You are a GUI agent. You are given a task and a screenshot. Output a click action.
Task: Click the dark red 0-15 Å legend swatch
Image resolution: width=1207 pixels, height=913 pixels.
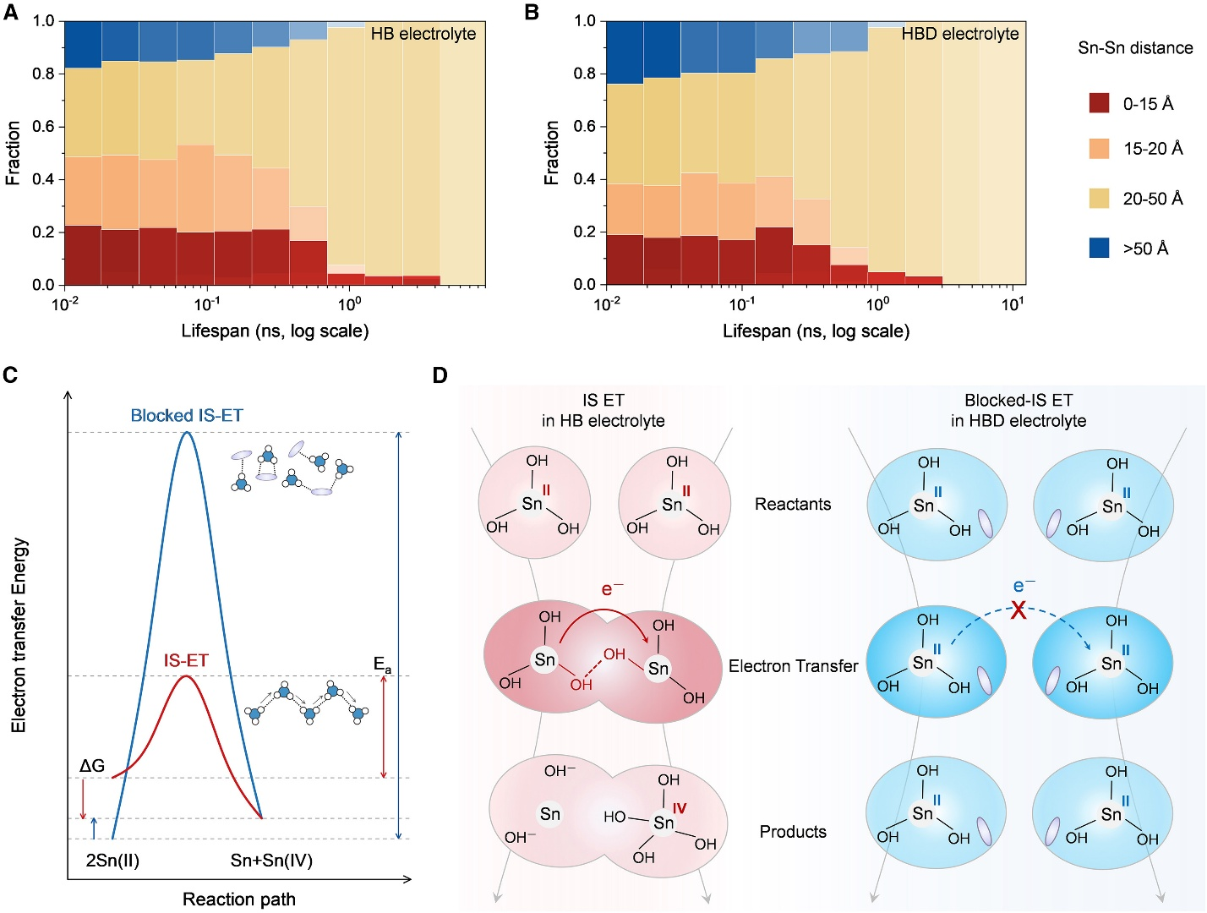(1099, 103)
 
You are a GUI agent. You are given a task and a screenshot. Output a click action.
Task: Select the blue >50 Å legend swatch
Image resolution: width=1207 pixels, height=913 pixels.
(1099, 248)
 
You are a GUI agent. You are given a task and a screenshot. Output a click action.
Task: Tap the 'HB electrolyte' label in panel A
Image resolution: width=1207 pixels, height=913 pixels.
(423, 34)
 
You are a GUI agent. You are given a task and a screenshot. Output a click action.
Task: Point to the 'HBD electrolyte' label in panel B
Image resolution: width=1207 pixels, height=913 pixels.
(960, 34)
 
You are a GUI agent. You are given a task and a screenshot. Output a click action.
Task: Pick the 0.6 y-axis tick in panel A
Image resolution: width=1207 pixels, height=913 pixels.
(43, 127)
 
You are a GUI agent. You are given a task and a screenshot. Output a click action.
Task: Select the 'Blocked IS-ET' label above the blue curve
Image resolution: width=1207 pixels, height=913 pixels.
(187, 415)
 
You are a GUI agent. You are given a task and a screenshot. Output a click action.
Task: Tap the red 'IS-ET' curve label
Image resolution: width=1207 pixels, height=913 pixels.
(186, 660)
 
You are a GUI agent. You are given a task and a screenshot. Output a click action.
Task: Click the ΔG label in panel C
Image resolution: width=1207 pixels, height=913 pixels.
(92, 766)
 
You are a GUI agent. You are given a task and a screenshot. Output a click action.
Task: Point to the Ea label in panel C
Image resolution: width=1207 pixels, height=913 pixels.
(383, 664)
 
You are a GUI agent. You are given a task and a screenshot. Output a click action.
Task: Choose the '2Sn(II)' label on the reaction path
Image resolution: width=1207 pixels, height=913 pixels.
(112, 861)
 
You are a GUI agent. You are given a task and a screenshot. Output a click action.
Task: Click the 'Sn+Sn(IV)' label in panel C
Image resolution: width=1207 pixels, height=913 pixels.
(271, 861)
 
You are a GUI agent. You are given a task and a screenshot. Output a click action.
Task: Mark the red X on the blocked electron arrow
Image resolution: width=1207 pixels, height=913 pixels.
(1019, 610)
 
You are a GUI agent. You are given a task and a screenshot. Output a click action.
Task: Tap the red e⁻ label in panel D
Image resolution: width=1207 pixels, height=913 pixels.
(612, 588)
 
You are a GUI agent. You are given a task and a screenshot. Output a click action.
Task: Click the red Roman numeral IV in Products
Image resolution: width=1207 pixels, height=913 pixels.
(679, 809)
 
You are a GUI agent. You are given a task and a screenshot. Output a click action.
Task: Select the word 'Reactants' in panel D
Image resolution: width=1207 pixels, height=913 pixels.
(793, 504)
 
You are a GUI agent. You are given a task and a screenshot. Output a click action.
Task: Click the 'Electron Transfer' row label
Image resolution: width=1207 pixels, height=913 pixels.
(793, 666)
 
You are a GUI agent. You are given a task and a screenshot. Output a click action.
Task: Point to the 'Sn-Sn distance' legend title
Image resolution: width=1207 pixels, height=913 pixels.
(1135, 48)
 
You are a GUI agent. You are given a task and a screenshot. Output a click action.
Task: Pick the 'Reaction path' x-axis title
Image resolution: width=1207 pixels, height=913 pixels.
(239, 899)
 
